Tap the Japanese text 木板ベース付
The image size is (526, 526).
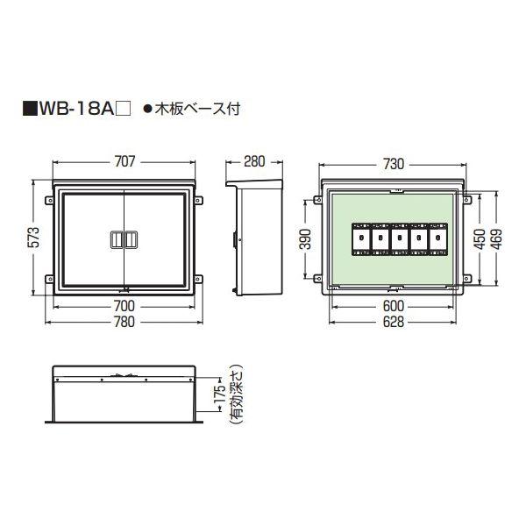[x=195, y=110]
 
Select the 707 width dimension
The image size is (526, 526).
[x=124, y=162]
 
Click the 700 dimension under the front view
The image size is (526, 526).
[x=124, y=306]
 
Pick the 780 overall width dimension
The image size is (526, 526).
[x=124, y=322]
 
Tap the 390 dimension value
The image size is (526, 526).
[x=305, y=238]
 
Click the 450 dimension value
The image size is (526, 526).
[x=479, y=238]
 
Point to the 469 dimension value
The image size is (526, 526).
[x=496, y=238]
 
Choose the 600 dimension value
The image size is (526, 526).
[x=394, y=308]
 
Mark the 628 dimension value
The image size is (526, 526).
[x=394, y=323]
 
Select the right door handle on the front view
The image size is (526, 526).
[x=131, y=238]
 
